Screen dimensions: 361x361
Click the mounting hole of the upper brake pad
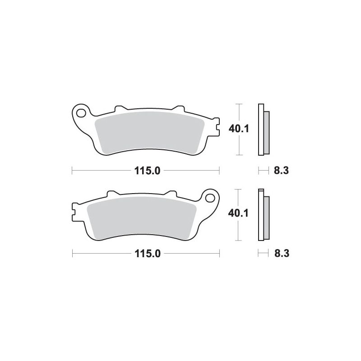click(81, 113)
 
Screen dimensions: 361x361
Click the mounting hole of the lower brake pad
click(210, 198)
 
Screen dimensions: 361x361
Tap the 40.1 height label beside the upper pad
click(239, 129)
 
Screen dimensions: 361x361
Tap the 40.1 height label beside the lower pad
click(238, 213)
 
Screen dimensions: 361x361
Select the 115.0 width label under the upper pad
click(148, 171)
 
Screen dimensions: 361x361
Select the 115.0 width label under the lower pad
click(148, 254)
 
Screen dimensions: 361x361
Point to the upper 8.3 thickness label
click(281, 171)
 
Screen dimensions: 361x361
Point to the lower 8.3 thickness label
click(282, 254)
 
